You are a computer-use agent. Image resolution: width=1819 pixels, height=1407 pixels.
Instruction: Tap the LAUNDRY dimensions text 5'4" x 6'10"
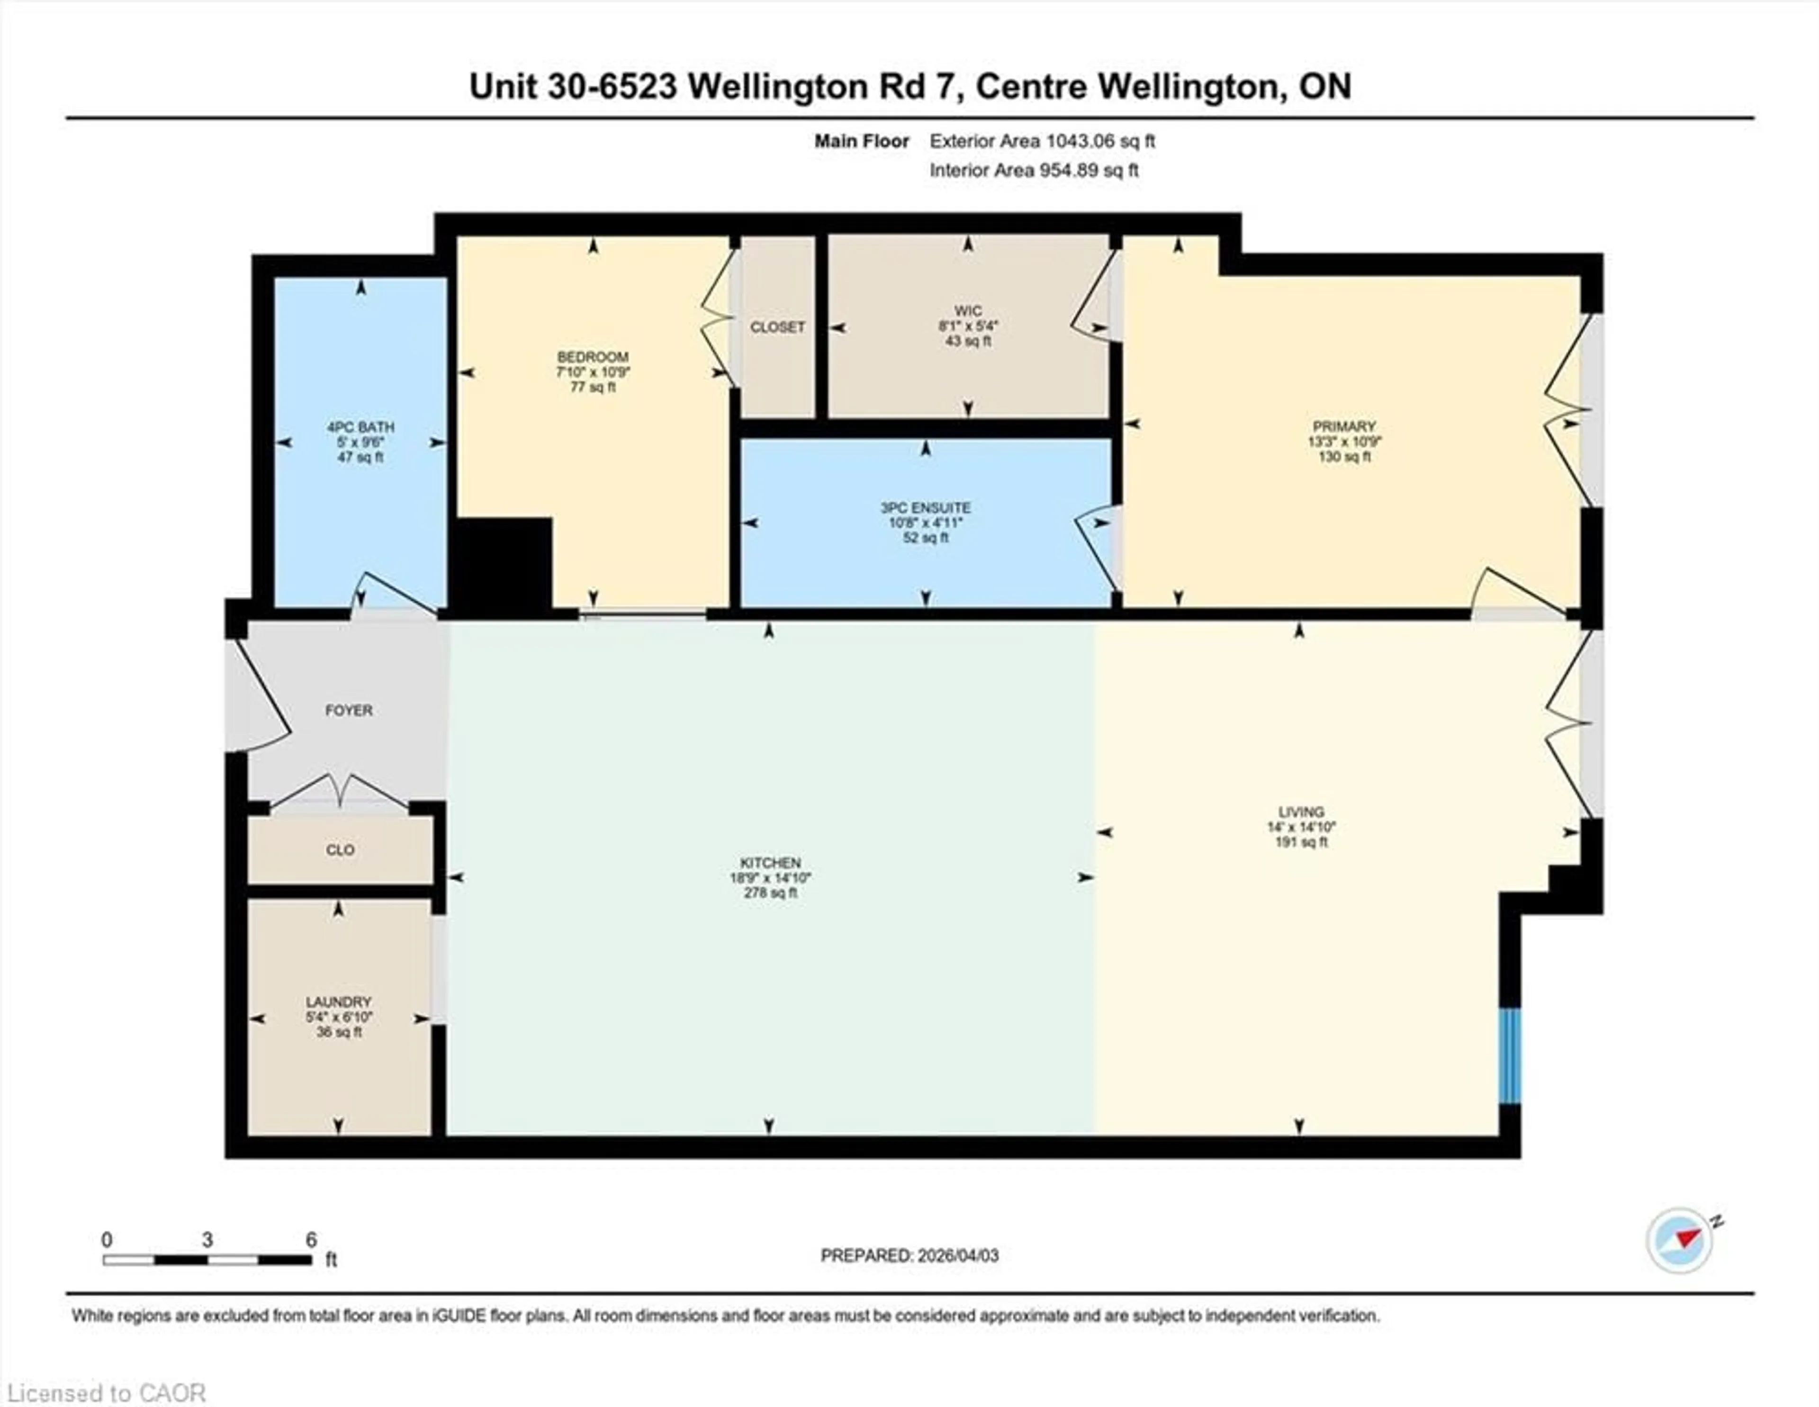(x=338, y=1017)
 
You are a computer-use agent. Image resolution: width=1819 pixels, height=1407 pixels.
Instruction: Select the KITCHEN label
(x=770, y=862)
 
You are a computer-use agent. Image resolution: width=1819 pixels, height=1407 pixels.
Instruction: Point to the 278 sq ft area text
(x=770, y=892)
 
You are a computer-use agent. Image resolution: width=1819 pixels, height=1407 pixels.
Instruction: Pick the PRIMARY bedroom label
(x=1343, y=426)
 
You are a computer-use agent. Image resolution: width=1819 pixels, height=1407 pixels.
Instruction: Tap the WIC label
(x=968, y=311)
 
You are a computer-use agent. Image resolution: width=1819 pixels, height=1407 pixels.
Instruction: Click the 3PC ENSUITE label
(x=925, y=507)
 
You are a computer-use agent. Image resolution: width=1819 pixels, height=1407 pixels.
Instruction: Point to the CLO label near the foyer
(x=340, y=850)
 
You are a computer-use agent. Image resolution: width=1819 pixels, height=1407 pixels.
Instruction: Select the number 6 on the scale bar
(x=311, y=1240)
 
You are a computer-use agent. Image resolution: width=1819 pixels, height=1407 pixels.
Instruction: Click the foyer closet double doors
(x=340, y=792)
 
